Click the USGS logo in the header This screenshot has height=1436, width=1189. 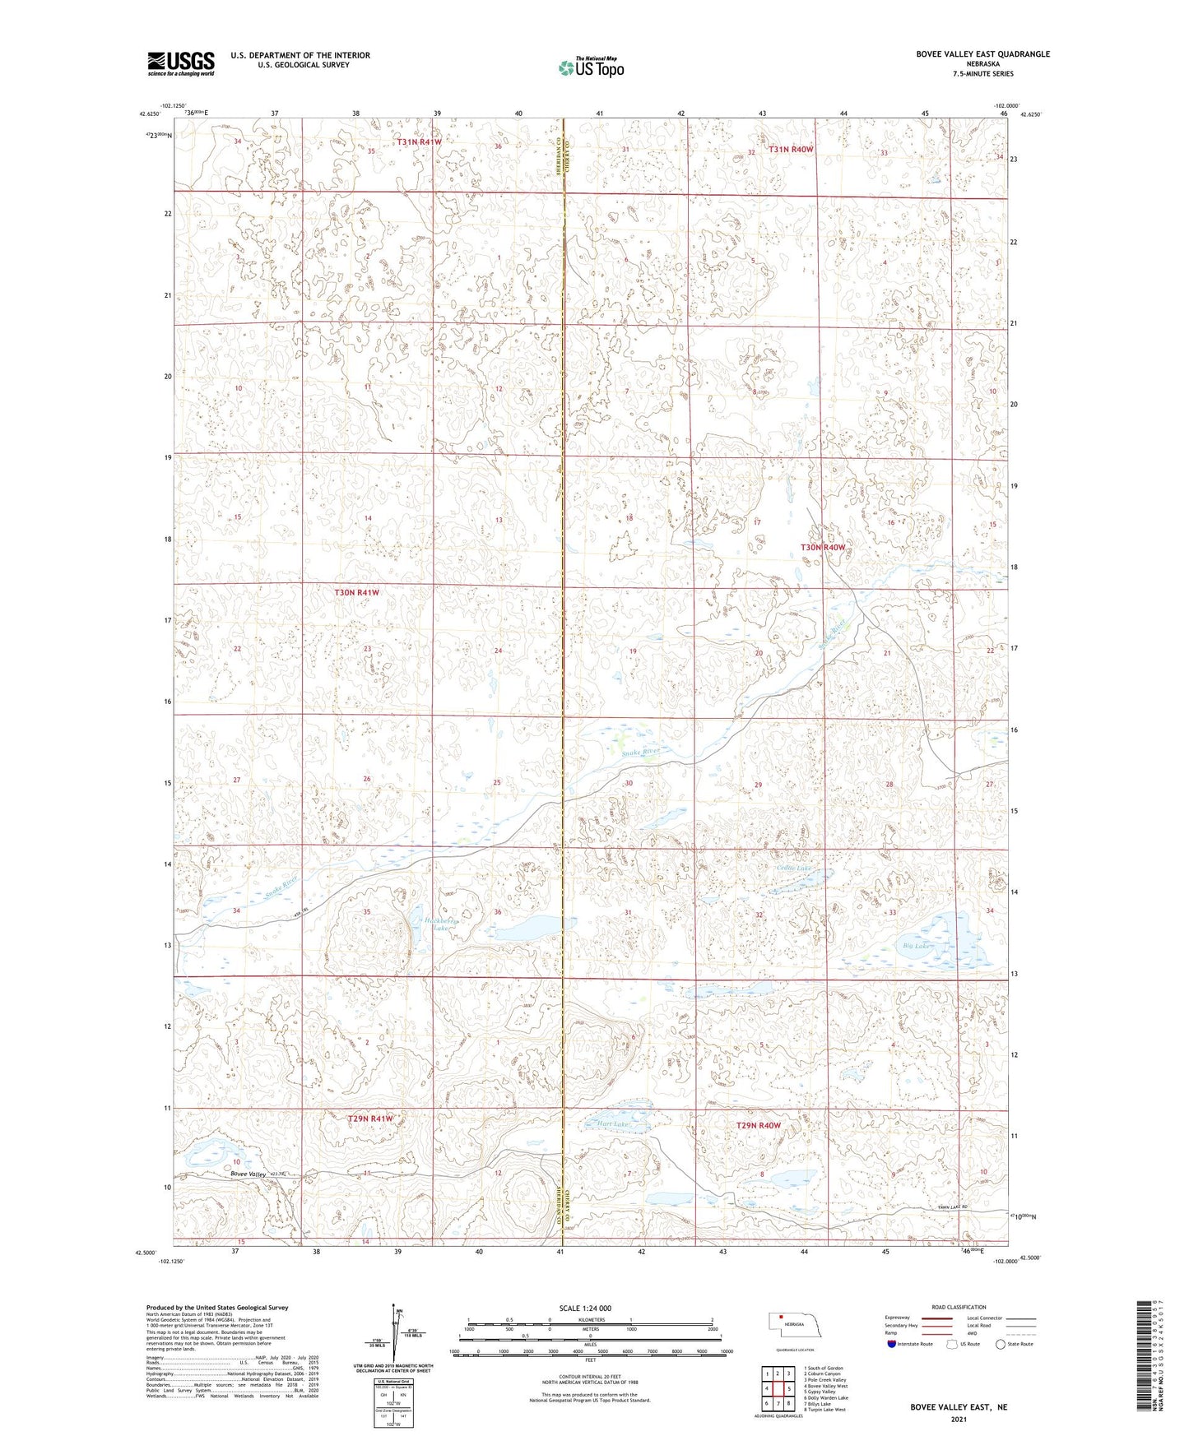click(x=180, y=63)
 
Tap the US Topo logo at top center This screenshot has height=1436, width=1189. click(x=590, y=67)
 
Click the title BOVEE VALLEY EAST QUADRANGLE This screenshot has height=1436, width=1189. click(x=982, y=54)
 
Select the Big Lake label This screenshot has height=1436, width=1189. click(x=917, y=946)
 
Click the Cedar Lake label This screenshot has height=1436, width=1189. click(x=793, y=869)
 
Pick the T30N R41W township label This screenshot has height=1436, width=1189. click(x=356, y=592)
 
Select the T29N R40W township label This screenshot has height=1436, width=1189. click(x=758, y=1125)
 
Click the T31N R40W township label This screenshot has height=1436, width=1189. click(x=791, y=150)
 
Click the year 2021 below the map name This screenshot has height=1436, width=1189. click(x=958, y=1419)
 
